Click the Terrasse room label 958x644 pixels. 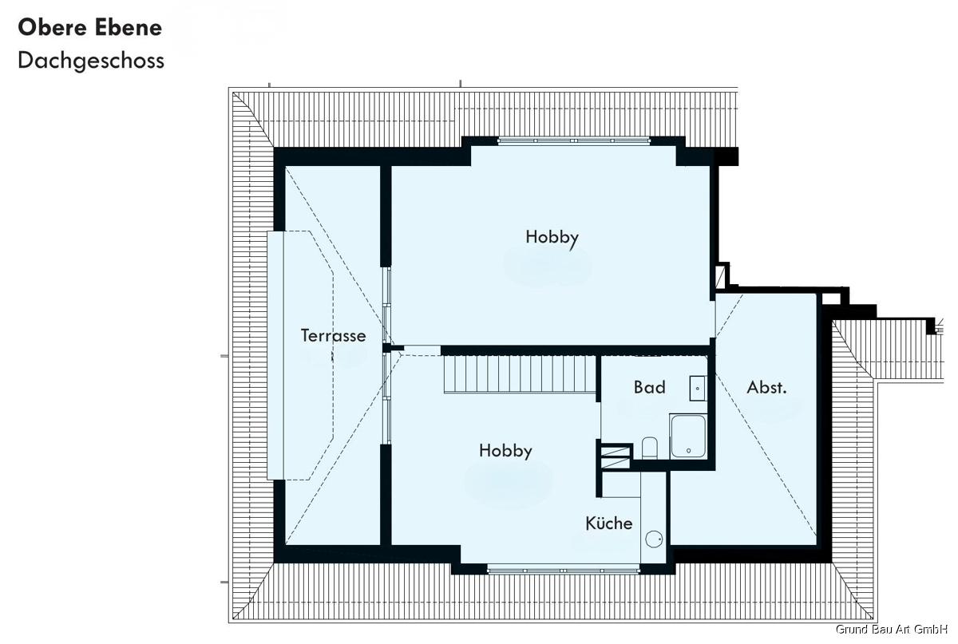pos(333,336)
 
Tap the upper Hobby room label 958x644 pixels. pos(552,238)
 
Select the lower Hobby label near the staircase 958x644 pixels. pos(505,452)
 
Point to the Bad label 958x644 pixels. pos(649,387)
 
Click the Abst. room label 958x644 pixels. pos(766,387)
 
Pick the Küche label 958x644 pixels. pos(608,523)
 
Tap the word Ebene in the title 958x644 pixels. pos(129,28)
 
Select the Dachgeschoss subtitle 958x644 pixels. pos(91,61)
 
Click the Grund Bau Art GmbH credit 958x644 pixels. pos(892,629)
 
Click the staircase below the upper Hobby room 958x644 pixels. pos(520,374)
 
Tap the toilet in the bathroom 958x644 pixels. pos(649,448)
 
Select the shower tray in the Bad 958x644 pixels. pos(688,436)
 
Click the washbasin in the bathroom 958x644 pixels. pos(698,389)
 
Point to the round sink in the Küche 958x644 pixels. pos(654,539)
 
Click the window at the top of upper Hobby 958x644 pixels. pos(574,140)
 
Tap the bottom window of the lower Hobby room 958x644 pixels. pos(564,571)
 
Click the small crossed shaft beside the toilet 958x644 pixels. pos(616,457)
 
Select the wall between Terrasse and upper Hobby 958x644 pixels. pos(386,216)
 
